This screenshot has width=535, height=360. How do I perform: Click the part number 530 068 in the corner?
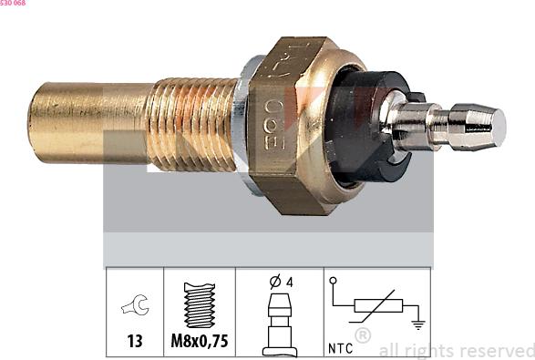pos(13,4)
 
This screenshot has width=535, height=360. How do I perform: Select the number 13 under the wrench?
pos(135,342)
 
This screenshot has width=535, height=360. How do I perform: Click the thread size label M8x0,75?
pos(200,342)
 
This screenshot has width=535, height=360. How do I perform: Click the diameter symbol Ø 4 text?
pos(280,282)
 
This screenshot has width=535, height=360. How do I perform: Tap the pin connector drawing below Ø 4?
pos(279,325)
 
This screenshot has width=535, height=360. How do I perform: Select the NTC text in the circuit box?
pos(341,347)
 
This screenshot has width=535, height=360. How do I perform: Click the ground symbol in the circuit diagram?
pos(417,323)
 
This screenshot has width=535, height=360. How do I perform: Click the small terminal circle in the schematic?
pos(334,281)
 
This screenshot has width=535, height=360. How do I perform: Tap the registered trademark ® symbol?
pos(362,335)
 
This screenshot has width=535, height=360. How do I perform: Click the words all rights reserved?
pos(456,350)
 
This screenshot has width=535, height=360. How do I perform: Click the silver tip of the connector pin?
pos(488,127)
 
